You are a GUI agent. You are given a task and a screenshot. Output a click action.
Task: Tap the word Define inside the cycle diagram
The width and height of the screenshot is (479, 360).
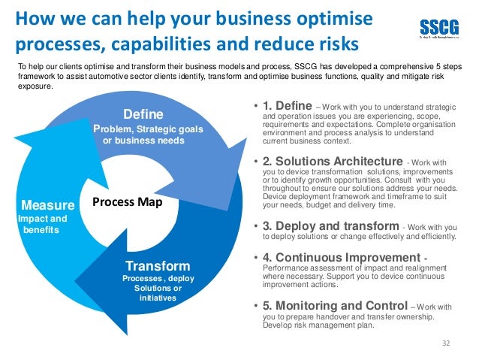[x=142, y=115]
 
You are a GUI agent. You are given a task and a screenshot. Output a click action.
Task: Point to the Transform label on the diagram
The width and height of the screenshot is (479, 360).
[x=158, y=266]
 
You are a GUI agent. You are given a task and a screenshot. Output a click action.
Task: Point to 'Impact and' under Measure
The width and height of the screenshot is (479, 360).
[x=42, y=219]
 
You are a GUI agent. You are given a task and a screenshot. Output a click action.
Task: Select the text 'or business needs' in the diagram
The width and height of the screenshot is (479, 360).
[x=143, y=141]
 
